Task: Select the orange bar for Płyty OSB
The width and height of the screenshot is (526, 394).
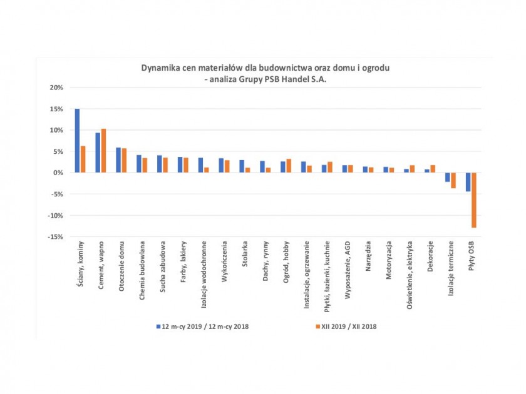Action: coord(473,200)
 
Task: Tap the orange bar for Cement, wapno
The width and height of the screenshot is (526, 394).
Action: coord(103,151)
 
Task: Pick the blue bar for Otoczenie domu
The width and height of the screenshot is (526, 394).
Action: coord(118,160)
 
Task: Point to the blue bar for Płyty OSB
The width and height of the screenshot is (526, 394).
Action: coord(468,182)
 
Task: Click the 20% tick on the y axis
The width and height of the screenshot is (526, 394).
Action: coord(56,88)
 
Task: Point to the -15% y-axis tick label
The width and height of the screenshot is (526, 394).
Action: coord(55,236)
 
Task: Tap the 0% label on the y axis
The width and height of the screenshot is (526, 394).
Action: coord(58,173)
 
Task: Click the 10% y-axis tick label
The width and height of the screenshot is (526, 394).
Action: coord(56,130)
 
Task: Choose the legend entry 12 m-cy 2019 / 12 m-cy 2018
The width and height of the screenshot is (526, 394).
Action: coord(204,326)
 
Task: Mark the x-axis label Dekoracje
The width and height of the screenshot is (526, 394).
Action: coord(430,256)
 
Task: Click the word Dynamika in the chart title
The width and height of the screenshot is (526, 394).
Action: coord(160,67)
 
